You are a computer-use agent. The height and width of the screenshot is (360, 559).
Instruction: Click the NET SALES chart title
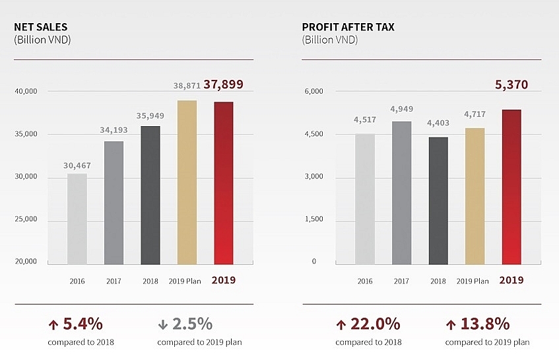(41, 27)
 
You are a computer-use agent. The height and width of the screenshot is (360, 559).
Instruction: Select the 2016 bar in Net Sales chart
(77, 218)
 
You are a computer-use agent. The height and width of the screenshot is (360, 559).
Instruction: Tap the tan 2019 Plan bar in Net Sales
(187, 182)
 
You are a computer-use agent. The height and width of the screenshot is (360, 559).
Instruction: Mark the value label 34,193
(114, 130)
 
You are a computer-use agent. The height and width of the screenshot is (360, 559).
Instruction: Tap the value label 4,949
(402, 109)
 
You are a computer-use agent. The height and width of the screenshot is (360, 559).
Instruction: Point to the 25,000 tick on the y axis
(26, 219)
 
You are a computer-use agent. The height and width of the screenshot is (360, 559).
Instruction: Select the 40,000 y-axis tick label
(26, 91)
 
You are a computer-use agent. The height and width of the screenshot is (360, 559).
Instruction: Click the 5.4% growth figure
(82, 324)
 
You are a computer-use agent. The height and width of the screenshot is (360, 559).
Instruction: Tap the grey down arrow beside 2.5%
(163, 324)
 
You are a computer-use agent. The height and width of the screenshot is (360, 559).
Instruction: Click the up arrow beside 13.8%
(451, 324)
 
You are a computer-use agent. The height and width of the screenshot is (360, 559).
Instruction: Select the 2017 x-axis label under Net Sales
(114, 281)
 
